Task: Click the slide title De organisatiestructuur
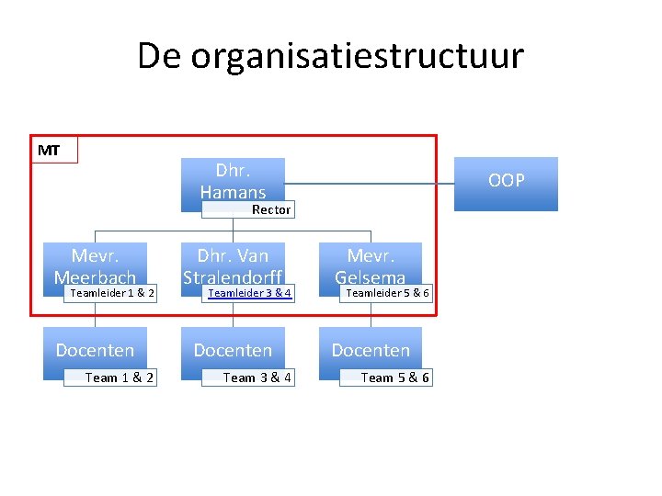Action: [x=330, y=56]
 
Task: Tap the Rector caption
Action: [x=270, y=209]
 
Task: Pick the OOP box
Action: [x=506, y=182]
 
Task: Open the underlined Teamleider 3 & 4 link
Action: [x=249, y=293]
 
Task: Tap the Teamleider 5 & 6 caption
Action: [x=386, y=293]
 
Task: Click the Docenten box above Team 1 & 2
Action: [x=95, y=349]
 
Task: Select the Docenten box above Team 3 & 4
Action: [x=233, y=349]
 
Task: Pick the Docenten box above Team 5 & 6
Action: [x=371, y=349]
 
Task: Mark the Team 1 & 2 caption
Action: [x=119, y=378]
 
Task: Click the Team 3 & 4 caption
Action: [x=257, y=378]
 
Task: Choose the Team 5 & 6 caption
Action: [x=394, y=378]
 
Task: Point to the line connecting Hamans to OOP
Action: [x=368, y=184]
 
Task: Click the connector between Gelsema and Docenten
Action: [x=371, y=314]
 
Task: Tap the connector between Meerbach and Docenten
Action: [x=96, y=314]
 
